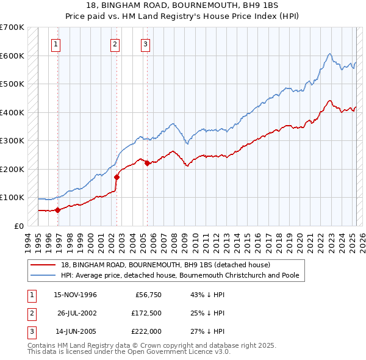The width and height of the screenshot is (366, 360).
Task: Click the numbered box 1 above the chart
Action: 56,43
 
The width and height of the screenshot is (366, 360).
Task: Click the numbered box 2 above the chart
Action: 114,43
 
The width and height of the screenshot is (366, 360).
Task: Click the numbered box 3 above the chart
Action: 146,43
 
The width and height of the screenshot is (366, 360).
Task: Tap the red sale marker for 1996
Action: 58,210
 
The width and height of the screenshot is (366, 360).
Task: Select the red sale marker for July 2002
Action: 117,177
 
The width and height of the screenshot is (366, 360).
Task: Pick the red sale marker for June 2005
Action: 146,163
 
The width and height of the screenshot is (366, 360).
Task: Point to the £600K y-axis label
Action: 12,56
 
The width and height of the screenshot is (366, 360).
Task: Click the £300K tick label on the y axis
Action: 12,140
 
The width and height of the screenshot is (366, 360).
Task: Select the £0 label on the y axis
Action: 19,226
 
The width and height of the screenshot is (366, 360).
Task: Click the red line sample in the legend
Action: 43,265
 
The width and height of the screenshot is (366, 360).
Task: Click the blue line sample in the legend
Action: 43,275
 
